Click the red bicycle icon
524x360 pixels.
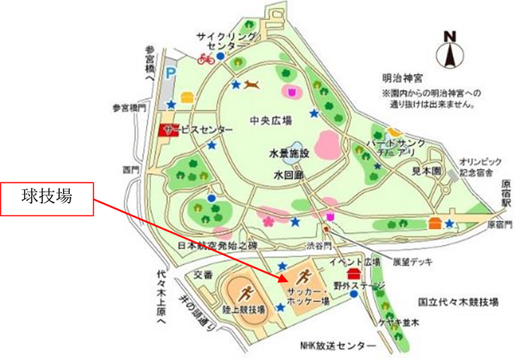[x=205, y=58]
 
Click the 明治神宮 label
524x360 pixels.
[x=403, y=77]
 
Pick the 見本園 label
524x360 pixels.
[x=428, y=171]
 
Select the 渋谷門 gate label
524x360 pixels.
[x=308, y=244]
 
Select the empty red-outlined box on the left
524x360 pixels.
[x=47, y=200]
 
